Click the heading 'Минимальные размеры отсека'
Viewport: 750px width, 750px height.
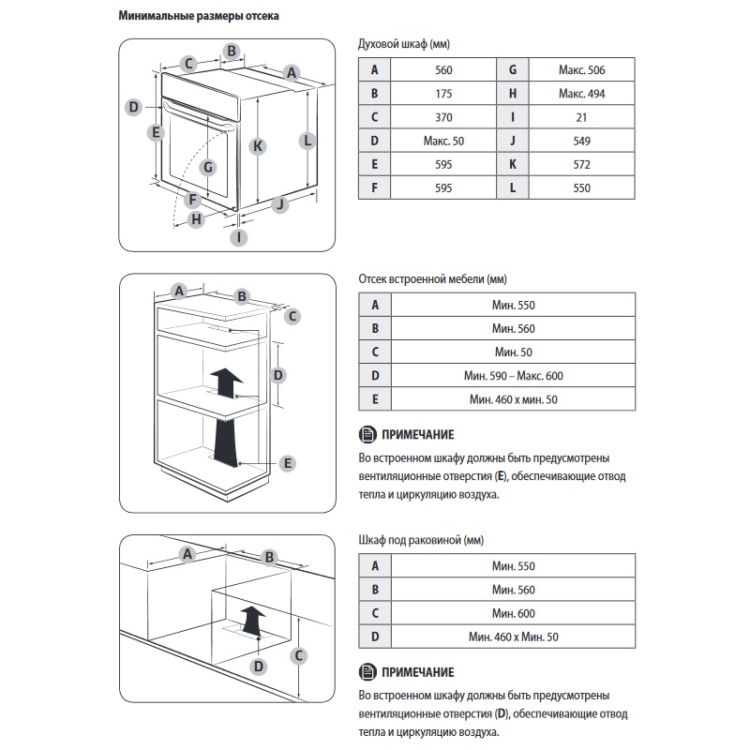click(x=198, y=17)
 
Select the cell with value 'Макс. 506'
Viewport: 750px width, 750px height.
click(x=581, y=70)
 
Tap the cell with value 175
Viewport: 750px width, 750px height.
click(x=443, y=94)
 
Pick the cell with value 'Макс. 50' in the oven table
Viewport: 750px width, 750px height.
click(x=443, y=141)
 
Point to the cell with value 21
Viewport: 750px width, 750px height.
click(x=581, y=117)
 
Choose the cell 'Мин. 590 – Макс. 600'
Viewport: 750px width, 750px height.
click(x=513, y=376)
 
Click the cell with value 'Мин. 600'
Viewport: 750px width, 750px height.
click(x=513, y=614)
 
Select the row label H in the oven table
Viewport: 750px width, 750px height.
click(x=513, y=94)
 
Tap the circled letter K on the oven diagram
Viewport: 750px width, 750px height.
click(x=257, y=145)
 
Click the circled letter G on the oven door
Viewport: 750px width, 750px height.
click(x=209, y=167)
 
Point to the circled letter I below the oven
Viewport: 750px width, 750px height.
click(x=240, y=237)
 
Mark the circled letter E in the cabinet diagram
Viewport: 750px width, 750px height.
click(x=288, y=462)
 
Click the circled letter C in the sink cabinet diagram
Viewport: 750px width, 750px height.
click(x=299, y=655)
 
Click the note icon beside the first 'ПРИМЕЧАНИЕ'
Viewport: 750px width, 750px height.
click(x=366, y=434)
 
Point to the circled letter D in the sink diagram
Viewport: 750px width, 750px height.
click(x=258, y=667)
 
